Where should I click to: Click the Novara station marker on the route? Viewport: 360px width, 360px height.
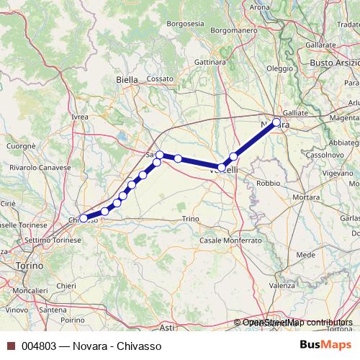[x=276, y=122]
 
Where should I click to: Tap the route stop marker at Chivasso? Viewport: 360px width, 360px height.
[x=84, y=217]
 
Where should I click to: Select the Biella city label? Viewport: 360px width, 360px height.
[x=127, y=80]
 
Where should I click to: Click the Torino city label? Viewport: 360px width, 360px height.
[x=29, y=266]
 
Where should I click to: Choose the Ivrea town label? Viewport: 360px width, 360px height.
[x=80, y=116]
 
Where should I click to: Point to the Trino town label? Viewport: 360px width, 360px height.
[x=190, y=218]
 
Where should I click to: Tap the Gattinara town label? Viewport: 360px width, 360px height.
[x=210, y=62]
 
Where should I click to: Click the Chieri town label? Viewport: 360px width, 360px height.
[x=66, y=286]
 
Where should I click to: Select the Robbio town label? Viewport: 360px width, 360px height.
[x=268, y=183]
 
